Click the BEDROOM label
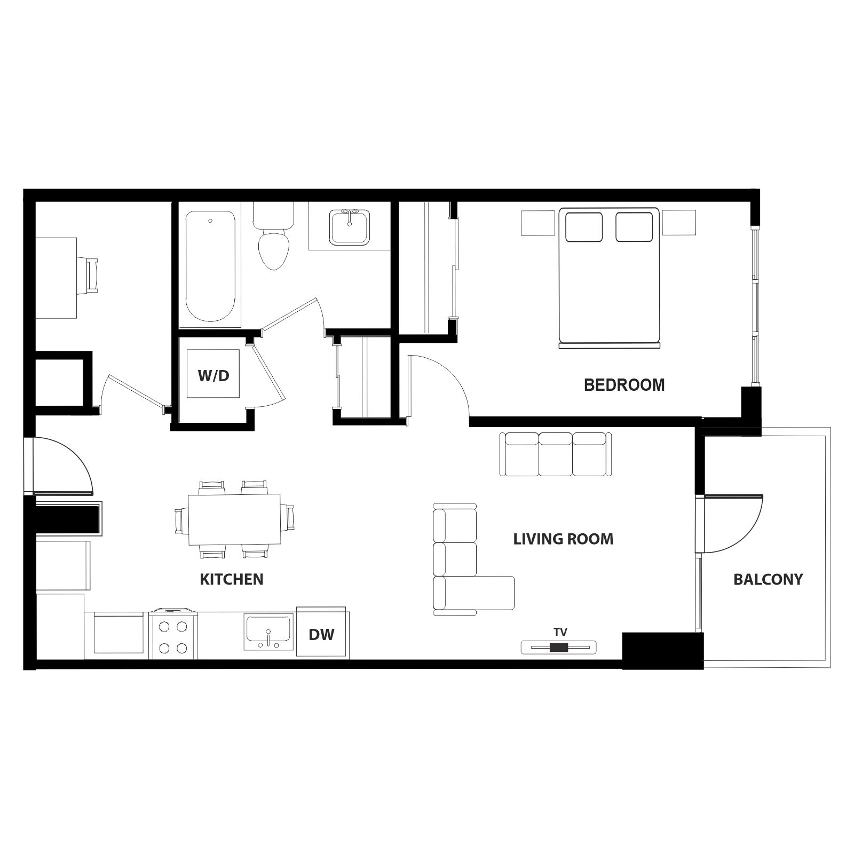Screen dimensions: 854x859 (x=624, y=385)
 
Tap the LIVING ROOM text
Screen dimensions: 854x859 (x=563, y=539)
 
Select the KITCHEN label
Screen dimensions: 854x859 (x=232, y=579)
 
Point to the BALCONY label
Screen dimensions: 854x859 (x=768, y=579)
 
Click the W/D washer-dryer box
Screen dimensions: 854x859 (x=213, y=374)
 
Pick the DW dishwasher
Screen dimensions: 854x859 (x=322, y=633)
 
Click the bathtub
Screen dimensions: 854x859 (x=210, y=266)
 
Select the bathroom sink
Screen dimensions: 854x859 (x=350, y=227)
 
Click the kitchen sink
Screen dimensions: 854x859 (x=268, y=632)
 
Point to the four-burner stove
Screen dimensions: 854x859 (x=173, y=635)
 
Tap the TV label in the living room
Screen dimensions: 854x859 (x=560, y=632)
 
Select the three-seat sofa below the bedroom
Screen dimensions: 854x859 (x=556, y=454)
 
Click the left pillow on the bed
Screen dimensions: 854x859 (x=584, y=227)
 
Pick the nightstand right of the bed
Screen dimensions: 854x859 (x=679, y=222)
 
